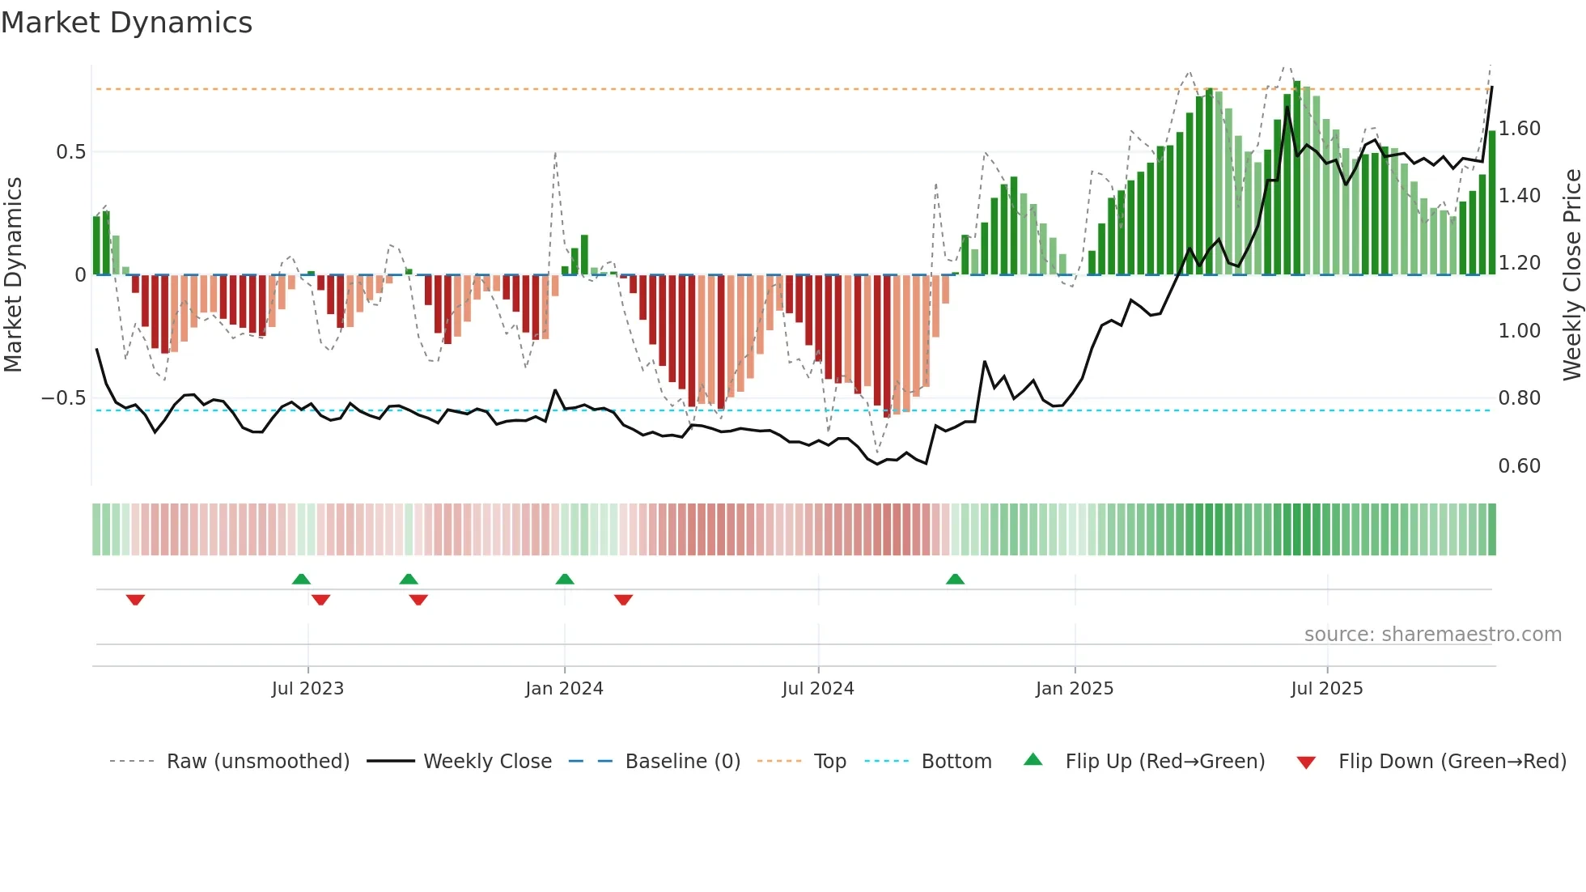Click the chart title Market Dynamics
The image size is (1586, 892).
coord(126,23)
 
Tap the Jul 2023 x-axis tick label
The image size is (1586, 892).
coord(307,689)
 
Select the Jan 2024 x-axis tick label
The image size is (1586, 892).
coord(564,689)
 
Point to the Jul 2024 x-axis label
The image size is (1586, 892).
coord(818,689)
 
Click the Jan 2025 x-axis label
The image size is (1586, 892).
coord(1075,689)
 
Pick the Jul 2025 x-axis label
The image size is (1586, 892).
coord(1327,689)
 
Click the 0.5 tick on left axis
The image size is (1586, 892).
coord(70,152)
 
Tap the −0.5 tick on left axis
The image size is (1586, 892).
coord(63,398)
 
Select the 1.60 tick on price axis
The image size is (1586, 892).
coord(1520,129)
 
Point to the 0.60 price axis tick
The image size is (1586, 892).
coord(1520,466)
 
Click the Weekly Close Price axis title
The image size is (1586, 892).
coord(1571,275)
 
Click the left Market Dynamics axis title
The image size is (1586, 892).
coord(13,275)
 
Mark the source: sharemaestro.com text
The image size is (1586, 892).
coord(1432,635)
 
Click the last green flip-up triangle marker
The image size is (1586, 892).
coord(955,579)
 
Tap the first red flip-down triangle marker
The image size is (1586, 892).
coord(135,600)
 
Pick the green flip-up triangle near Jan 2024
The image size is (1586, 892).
coord(565,579)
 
